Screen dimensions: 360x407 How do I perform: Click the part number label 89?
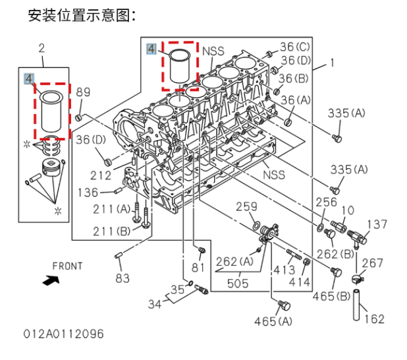[x=83, y=92]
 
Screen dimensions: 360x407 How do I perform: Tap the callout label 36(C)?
[x=294, y=47]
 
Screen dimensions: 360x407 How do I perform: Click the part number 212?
[x=101, y=175]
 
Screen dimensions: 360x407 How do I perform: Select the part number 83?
[x=122, y=278]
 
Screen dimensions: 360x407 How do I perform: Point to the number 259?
[x=246, y=207]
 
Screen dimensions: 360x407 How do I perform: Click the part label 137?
[x=377, y=225]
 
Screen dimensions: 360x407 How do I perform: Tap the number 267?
[x=372, y=263]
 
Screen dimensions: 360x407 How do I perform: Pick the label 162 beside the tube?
[x=374, y=319]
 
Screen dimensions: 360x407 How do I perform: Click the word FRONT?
[x=67, y=266]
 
